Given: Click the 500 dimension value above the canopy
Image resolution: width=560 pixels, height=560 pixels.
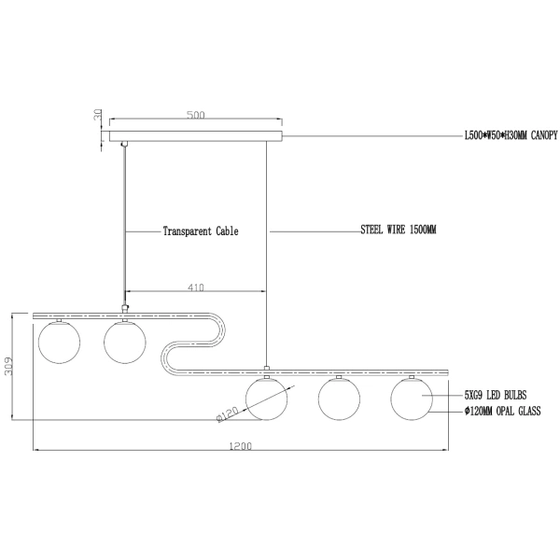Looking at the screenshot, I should click(195, 116).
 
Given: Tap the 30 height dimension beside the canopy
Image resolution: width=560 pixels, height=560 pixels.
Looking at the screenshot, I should click(96, 118).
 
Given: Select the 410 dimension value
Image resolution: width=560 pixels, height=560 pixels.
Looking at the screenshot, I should click(194, 287).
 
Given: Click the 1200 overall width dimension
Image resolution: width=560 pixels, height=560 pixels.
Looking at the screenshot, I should click(241, 446).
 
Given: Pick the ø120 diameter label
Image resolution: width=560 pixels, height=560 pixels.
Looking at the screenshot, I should click(230, 412).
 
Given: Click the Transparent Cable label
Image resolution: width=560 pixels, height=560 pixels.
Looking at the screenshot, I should click(200, 231).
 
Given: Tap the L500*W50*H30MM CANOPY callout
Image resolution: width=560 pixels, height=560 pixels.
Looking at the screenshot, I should click(511, 135).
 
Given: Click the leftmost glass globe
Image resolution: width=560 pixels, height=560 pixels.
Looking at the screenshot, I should click(58, 342).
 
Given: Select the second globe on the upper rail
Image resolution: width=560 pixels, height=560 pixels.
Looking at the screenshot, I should click(125, 342).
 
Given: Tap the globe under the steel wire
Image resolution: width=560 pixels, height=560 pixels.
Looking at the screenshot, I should click(267, 399).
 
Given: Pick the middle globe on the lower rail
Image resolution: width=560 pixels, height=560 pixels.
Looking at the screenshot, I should click(340, 399).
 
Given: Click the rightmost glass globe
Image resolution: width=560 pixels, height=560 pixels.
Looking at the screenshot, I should click(412, 399).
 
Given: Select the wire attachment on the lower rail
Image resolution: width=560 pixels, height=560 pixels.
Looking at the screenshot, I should click(267, 368).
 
